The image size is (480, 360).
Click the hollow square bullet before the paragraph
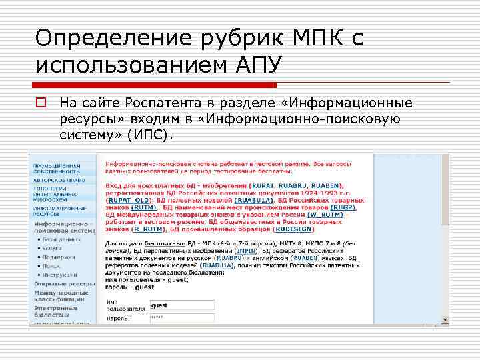pos(41,103)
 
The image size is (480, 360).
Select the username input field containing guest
pos(181,305)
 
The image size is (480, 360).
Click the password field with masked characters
pos(181,319)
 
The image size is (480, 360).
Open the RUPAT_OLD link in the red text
pos(129,199)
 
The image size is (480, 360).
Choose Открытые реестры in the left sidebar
pos(58,283)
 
